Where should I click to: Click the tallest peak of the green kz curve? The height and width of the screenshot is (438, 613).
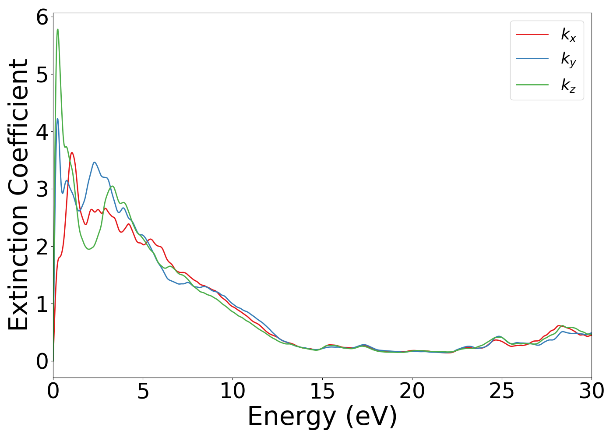tap(58, 30)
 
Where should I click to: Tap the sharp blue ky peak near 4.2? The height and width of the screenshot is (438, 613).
tap(57, 119)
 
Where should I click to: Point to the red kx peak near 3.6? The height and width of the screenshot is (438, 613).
tap(72, 153)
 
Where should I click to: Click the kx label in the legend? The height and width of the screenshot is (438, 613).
tap(568, 35)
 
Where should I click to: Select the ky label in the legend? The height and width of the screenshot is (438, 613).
tap(568, 60)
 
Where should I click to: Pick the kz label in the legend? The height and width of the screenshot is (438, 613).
tap(568, 85)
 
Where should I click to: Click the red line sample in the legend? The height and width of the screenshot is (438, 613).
tap(532, 34)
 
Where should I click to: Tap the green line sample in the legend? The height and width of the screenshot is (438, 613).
tap(532, 84)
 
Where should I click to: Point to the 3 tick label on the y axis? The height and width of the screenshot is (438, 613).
tap(42, 189)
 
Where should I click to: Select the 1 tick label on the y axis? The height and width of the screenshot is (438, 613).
tap(42, 304)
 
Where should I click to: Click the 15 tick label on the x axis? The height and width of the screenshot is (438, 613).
tap(322, 391)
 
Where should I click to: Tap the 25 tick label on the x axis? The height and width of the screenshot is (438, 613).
tap(502, 391)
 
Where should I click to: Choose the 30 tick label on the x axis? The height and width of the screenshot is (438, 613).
tap(591, 391)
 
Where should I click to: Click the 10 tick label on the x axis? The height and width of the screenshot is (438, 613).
tap(233, 391)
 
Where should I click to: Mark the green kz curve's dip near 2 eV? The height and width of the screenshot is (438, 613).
tap(89, 249)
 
